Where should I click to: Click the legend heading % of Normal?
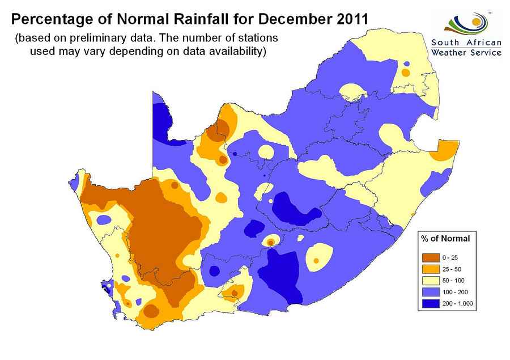coord(445,239)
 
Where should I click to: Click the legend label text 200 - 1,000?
coord(457,303)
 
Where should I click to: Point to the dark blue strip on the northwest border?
coord(163,122)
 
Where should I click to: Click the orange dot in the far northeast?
coord(406,73)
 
